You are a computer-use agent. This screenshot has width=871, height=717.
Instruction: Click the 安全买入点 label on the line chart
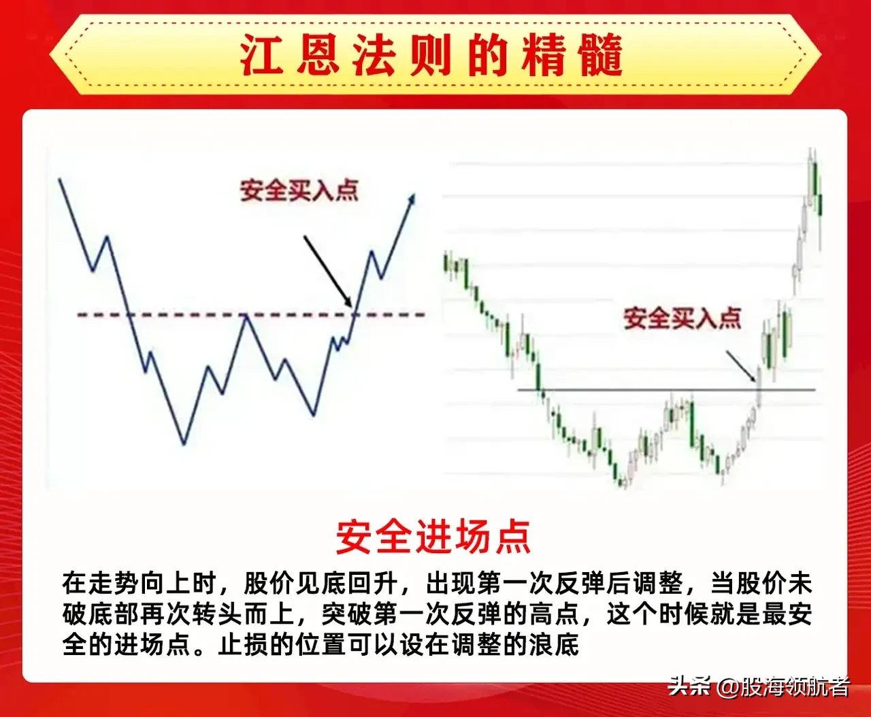point(299,190)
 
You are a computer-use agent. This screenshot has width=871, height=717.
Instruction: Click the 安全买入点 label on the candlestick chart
point(683,318)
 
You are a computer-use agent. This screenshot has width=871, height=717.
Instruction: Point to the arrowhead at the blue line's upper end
point(411,198)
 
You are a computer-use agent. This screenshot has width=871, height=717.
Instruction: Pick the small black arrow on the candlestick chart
point(742,366)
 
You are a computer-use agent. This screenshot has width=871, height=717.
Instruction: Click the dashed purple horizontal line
point(204,315)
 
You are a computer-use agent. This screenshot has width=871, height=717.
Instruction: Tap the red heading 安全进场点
point(433,537)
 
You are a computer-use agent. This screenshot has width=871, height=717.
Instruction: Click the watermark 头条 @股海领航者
point(758,686)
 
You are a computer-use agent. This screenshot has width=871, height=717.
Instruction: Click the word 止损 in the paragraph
point(244,644)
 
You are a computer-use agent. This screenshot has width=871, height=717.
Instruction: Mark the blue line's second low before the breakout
point(314,414)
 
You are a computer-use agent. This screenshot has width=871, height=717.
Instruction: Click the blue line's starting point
point(61,179)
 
